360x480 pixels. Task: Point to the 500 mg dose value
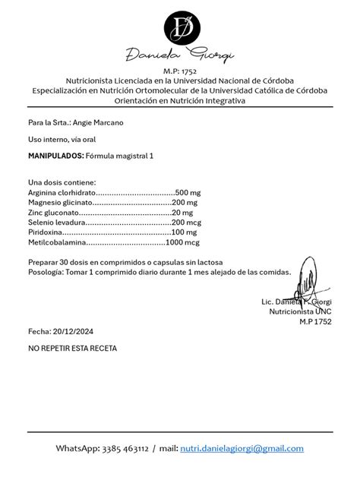[188, 193]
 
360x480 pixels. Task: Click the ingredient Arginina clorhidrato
[62, 193]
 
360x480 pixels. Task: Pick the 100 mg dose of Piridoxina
[185, 232]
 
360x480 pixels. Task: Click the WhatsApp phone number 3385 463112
[122, 449]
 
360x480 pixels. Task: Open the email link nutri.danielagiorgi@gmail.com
[242, 449]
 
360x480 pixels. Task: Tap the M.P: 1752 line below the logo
[180, 70]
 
